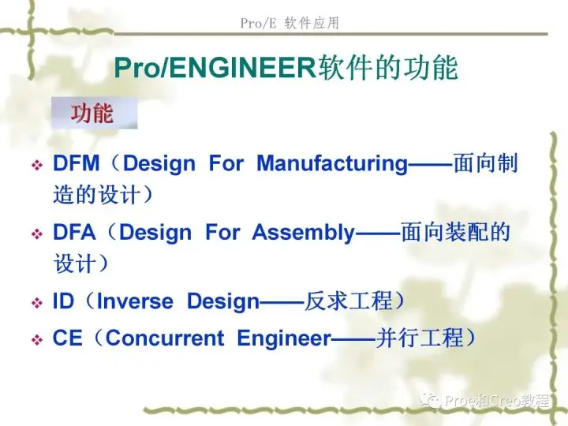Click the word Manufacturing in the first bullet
[332, 164]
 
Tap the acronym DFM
[76, 163]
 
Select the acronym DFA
[74, 232]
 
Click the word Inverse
[135, 301]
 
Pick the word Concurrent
[165, 338]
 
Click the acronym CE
[67, 338]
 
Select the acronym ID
[63, 301]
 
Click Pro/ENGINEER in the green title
[215, 68]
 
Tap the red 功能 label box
[94, 113]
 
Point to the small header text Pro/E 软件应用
[290, 23]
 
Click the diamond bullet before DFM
[37, 166]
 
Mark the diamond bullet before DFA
[37, 234]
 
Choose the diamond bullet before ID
[37, 303]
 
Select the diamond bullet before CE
[37, 340]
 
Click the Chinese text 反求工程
[349, 301]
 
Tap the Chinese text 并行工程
[420, 338]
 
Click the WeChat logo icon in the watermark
[431, 400]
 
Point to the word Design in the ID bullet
[223, 302]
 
